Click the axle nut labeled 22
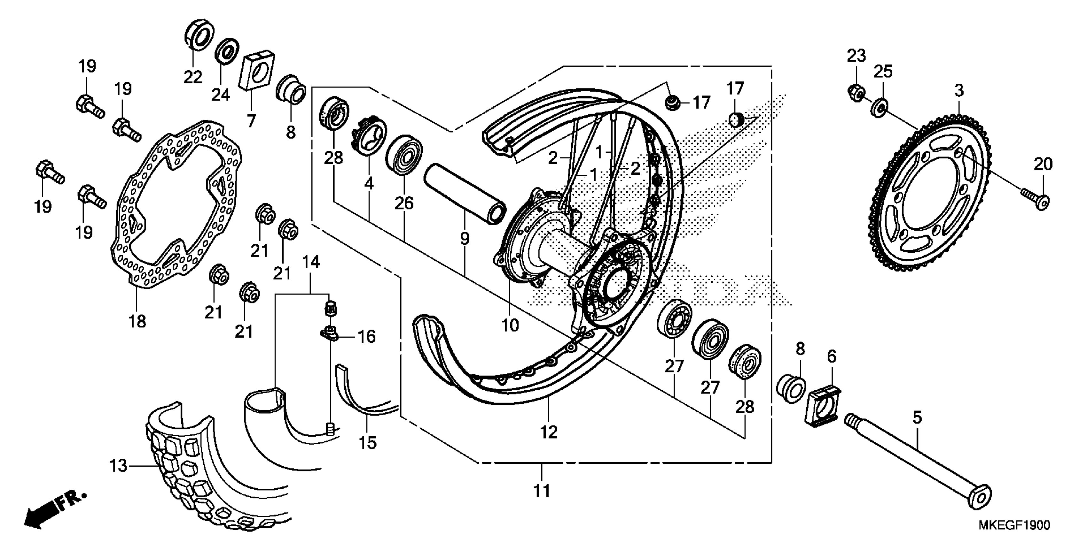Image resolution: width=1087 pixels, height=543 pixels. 199,34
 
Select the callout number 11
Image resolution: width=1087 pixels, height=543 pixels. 542,491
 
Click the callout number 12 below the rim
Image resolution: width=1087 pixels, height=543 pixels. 549,432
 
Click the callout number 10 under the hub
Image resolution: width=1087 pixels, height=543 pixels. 510,325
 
